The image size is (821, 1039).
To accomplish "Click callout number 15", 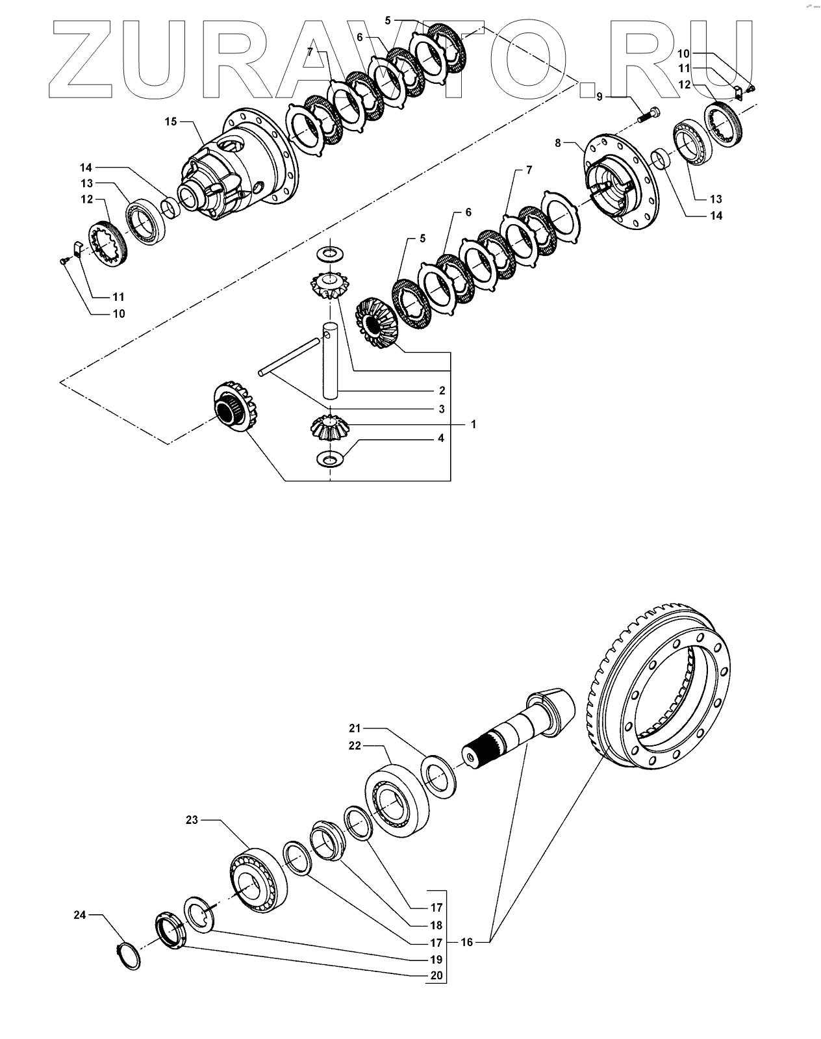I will pyautogui.click(x=170, y=122).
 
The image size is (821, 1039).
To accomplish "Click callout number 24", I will pyautogui.click(x=79, y=916).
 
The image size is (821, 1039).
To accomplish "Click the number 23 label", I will pyautogui.click(x=192, y=821).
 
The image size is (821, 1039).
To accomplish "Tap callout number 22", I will pyautogui.click(x=354, y=746).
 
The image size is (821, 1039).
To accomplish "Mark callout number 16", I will pyautogui.click(x=466, y=942).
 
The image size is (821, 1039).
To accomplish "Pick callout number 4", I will pyautogui.click(x=441, y=439).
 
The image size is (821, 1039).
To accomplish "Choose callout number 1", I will pyautogui.click(x=474, y=424).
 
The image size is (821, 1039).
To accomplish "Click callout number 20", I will pyautogui.click(x=436, y=975).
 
